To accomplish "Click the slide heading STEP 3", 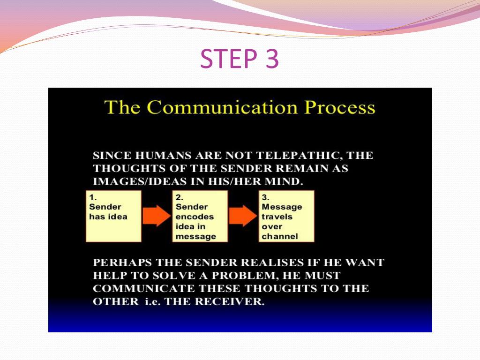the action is [x=240, y=58].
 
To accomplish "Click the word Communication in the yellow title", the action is [x=222, y=107].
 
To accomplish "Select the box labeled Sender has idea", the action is [x=113, y=216].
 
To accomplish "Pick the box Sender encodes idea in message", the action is [x=200, y=216].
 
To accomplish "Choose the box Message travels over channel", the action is [x=286, y=216].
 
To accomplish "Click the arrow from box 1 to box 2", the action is [x=157, y=216].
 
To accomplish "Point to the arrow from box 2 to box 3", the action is [x=243, y=216].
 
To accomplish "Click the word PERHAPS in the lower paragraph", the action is [x=122, y=262].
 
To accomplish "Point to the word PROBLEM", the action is [x=245, y=276].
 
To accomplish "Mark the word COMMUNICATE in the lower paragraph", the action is [x=144, y=289].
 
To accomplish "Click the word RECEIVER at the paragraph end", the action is [x=230, y=301].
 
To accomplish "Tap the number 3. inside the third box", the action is [x=265, y=197].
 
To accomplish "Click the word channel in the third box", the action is [x=280, y=236].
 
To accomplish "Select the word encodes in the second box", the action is [x=195, y=217].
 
